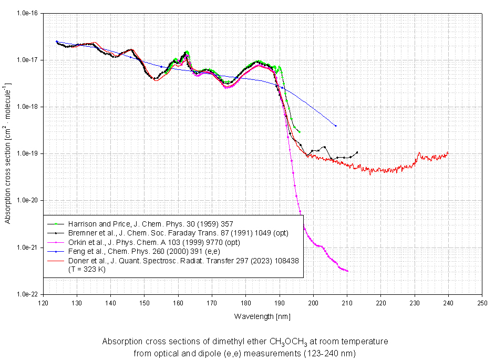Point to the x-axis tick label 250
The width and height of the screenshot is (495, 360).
click(x=482, y=303)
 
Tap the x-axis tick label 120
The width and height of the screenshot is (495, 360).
click(x=44, y=303)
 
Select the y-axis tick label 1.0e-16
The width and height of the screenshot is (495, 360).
click(x=26, y=13)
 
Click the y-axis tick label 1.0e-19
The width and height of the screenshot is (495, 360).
click(x=26, y=153)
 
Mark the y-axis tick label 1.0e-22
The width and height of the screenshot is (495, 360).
click(x=26, y=294)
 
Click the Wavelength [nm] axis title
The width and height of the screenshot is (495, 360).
click(x=262, y=316)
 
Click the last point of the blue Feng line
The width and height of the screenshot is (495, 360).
click(x=335, y=126)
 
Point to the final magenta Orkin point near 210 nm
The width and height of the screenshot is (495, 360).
click(x=347, y=271)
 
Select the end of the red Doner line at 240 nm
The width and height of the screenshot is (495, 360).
click(x=448, y=152)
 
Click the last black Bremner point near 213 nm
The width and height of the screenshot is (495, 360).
click(x=357, y=152)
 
